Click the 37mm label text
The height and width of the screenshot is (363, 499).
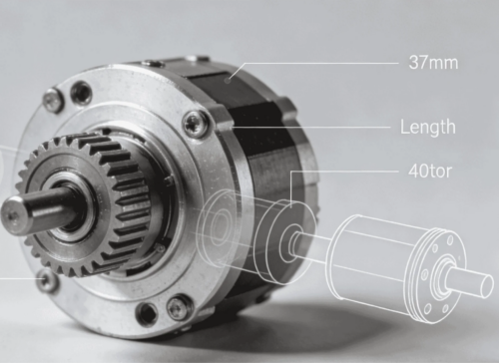433,62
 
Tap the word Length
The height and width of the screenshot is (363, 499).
428,127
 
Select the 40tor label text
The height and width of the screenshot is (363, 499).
430,171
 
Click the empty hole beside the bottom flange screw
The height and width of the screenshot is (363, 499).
148,312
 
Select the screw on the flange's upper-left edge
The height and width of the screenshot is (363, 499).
53,99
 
